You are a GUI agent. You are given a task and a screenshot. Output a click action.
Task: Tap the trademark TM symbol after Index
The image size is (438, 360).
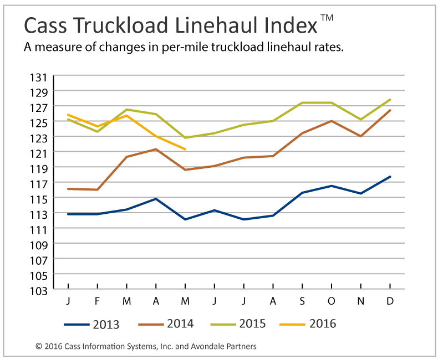click(x=327, y=18)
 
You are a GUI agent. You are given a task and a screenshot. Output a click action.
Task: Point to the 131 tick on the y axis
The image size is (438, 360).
click(x=43, y=76)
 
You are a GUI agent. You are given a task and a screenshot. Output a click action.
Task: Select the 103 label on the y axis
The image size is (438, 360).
click(x=43, y=290)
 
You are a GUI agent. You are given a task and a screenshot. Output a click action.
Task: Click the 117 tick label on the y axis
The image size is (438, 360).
click(x=43, y=183)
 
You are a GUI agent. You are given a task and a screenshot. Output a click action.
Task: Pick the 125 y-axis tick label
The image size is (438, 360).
click(x=43, y=122)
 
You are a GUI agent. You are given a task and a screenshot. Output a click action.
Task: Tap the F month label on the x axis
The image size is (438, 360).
click(x=98, y=301)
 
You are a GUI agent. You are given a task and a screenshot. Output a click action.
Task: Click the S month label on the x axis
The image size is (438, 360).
click(x=302, y=301)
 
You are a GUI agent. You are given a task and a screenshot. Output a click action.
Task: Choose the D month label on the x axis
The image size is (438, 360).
click(x=390, y=301)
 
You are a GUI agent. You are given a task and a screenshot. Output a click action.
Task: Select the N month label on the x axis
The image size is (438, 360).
click(x=361, y=301)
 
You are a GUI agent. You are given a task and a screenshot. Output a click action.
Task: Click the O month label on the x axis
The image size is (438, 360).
click(x=332, y=301)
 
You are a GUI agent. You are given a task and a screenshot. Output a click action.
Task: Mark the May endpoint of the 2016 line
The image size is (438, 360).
click(x=185, y=149)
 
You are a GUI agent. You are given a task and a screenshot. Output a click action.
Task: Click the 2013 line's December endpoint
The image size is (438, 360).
click(x=390, y=177)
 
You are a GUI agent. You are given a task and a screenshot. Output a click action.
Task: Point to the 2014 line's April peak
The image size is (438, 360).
click(x=156, y=149)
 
